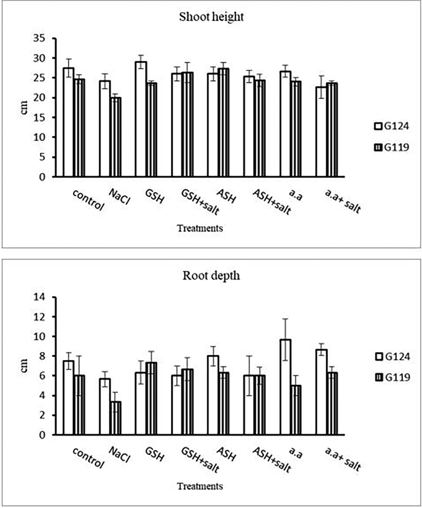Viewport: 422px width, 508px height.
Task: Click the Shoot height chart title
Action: [x=211, y=17]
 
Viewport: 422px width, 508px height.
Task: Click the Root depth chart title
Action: [x=211, y=276]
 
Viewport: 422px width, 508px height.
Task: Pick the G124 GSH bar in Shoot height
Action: [x=141, y=119]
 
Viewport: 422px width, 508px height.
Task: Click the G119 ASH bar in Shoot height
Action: [x=223, y=123]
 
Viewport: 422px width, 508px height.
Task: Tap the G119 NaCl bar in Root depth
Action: [x=116, y=418]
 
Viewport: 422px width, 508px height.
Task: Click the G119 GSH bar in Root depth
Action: [x=151, y=398]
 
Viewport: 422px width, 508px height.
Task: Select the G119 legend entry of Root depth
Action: [x=392, y=377]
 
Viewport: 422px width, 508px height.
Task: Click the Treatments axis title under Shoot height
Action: [x=200, y=228]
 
